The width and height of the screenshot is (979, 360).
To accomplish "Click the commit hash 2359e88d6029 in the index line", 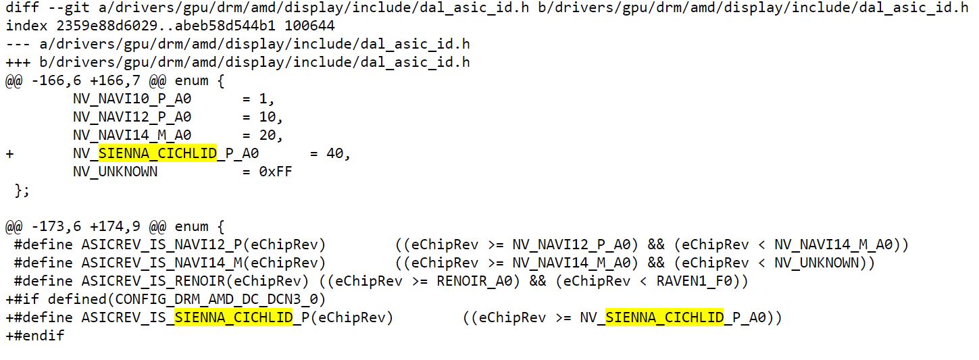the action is click(x=107, y=26).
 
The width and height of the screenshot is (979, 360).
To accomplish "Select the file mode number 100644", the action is click(x=309, y=26).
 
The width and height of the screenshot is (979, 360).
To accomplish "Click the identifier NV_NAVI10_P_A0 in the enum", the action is click(x=132, y=99).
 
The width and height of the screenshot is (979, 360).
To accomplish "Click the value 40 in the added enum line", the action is click(x=335, y=153).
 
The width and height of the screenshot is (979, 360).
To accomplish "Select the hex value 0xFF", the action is click(x=276, y=172).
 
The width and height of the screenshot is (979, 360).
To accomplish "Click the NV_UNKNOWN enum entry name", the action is click(x=116, y=172).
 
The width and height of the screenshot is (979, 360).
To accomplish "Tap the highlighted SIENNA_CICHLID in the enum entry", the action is click(x=157, y=153).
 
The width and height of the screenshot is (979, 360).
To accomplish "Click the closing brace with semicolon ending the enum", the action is click(x=22, y=190).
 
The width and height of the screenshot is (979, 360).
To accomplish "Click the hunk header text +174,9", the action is click(x=115, y=226).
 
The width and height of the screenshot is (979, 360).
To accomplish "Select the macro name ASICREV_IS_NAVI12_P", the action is click(x=161, y=245).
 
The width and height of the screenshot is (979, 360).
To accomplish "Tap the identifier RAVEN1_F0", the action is click(x=694, y=281).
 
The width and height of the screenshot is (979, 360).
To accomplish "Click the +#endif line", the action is click(x=35, y=336).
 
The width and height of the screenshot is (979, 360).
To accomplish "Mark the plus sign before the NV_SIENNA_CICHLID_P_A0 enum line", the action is click(x=9, y=154).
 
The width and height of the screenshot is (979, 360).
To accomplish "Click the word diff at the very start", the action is click(x=22, y=7).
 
